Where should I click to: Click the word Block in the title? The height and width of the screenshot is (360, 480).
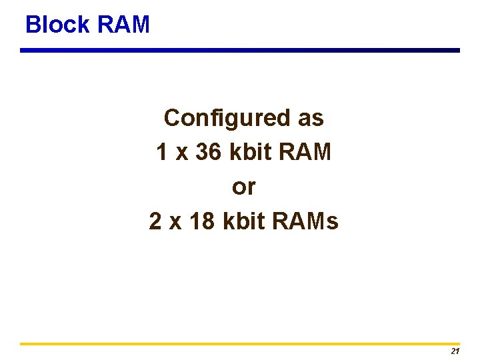tap(57, 25)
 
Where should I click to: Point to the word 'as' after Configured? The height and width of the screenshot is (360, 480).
tap(311, 119)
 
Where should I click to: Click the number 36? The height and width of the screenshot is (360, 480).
tap(209, 153)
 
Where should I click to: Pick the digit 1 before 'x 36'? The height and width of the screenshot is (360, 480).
tap(162, 153)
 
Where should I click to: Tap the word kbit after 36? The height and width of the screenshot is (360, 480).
tap(247, 153)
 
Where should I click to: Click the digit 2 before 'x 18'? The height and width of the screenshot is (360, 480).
tap(155, 221)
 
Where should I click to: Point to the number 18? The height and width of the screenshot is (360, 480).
tap(202, 221)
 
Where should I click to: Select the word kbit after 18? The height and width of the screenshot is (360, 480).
tap(241, 221)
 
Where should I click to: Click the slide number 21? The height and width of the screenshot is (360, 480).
tap(455, 351)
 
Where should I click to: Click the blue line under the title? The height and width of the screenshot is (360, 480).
tap(240, 50)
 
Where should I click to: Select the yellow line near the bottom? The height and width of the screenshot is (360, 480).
tap(240, 344)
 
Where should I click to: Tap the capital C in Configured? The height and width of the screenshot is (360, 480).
tap(172, 119)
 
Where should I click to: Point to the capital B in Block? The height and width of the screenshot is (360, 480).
tap(32, 25)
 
